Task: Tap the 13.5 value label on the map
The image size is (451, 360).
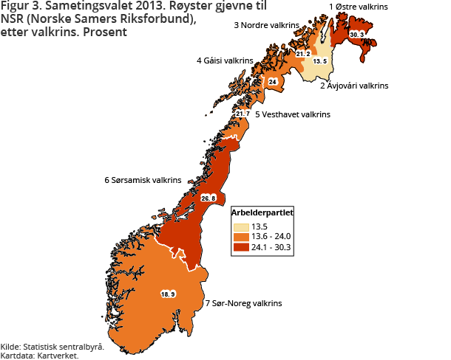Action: [319, 61]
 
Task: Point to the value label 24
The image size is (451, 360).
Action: [272, 81]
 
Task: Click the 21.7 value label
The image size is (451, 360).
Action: [243, 114]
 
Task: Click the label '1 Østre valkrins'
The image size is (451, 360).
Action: [358, 7]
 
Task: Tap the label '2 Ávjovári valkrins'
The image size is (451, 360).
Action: [353, 86]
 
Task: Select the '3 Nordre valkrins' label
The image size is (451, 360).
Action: [266, 25]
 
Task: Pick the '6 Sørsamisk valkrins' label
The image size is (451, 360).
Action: [143, 179]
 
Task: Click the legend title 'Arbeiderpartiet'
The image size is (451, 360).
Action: [262, 212]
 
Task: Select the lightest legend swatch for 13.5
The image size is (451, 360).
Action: [240, 226]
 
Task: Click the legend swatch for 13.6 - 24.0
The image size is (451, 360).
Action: [240, 236]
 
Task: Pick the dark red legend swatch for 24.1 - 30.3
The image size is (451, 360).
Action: [240, 247]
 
